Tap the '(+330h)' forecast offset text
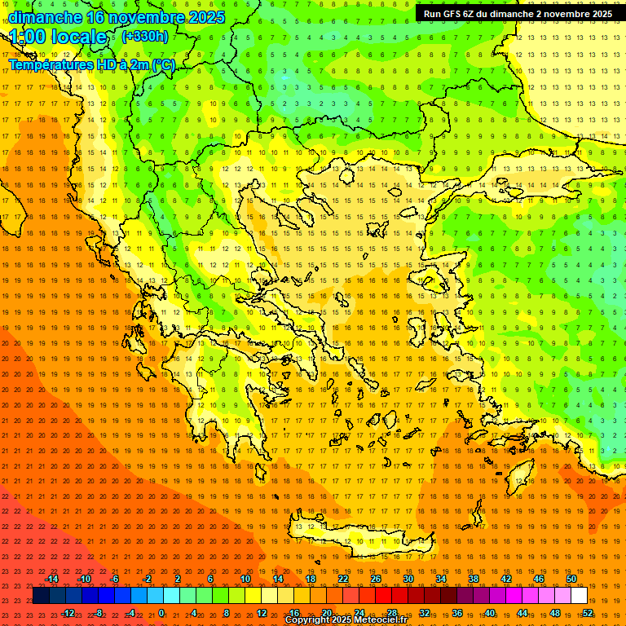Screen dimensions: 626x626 tap(145, 36)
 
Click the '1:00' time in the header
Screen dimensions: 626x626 tap(28, 37)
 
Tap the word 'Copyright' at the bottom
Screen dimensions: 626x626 tap(308, 620)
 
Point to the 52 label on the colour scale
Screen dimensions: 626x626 tap(588, 613)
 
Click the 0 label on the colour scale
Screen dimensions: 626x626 tap(161, 613)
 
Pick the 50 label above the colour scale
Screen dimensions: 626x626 tap(571, 579)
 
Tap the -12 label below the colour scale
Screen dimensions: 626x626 tap(67, 613)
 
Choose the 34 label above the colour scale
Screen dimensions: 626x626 tap(441, 579)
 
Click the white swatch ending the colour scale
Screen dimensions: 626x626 tap(579, 596)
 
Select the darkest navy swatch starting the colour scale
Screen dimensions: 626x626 tap(41, 596)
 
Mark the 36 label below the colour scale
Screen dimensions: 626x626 tap(457, 613)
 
